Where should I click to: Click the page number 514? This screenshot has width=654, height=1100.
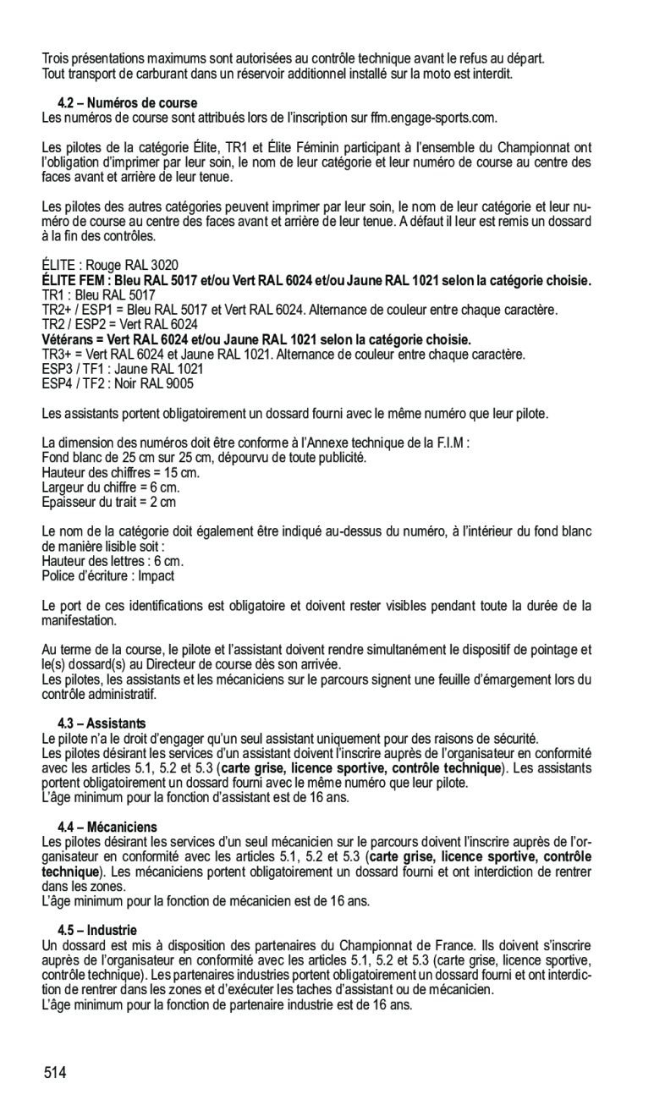[x=56, y=1073]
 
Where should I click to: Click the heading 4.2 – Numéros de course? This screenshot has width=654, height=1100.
[x=127, y=103]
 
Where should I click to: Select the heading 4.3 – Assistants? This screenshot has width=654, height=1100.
[x=102, y=723]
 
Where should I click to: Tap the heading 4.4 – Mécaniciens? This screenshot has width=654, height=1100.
[x=107, y=827]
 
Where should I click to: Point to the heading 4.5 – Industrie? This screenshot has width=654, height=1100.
[x=97, y=930]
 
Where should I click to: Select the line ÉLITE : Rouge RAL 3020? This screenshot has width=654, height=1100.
[x=110, y=266]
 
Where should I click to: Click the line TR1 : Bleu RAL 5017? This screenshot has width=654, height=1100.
[x=99, y=295]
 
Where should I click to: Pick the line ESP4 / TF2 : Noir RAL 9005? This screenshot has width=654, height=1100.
[x=118, y=383]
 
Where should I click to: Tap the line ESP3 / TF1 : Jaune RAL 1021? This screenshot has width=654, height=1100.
[x=123, y=369]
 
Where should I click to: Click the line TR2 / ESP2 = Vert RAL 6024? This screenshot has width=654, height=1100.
[x=120, y=325]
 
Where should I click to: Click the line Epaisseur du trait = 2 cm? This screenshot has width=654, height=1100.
[x=109, y=502]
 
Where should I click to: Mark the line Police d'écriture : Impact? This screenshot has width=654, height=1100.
[x=107, y=575]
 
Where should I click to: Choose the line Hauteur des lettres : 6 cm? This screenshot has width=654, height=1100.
[x=113, y=561]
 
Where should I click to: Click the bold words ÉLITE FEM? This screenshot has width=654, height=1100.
[x=74, y=280]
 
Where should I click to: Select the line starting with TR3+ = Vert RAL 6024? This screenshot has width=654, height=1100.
[x=283, y=355]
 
